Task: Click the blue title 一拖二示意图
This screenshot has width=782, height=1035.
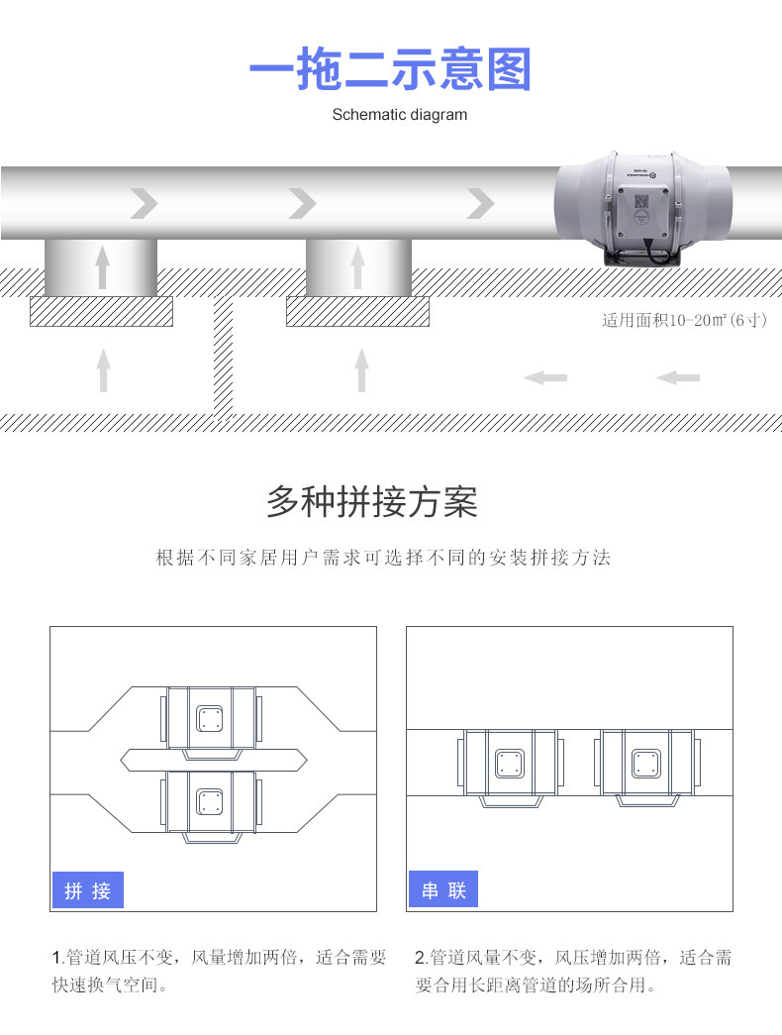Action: click(x=390, y=70)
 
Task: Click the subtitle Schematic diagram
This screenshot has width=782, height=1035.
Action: click(x=399, y=115)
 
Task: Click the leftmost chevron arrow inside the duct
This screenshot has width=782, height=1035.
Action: click(x=145, y=204)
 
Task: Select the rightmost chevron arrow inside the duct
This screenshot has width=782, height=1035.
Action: click(x=480, y=204)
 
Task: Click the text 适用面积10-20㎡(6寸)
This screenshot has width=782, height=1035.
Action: click(x=684, y=321)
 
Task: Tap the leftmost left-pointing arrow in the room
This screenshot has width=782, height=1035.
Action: click(x=545, y=377)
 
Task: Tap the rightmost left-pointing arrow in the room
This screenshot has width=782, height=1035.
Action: click(x=678, y=377)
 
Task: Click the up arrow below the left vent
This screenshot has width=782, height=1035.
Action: click(x=103, y=369)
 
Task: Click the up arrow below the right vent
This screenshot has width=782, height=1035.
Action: click(x=361, y=369)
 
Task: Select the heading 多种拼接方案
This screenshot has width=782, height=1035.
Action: click(x=372, y=503)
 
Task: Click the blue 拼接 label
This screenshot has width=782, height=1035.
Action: click(x=87, y=890)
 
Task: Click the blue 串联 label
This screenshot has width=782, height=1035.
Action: click(x=443, y=889)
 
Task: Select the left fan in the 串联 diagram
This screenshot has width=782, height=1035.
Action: click(x=508, y=763)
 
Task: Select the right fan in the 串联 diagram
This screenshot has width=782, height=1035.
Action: click(x=646, y=763)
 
